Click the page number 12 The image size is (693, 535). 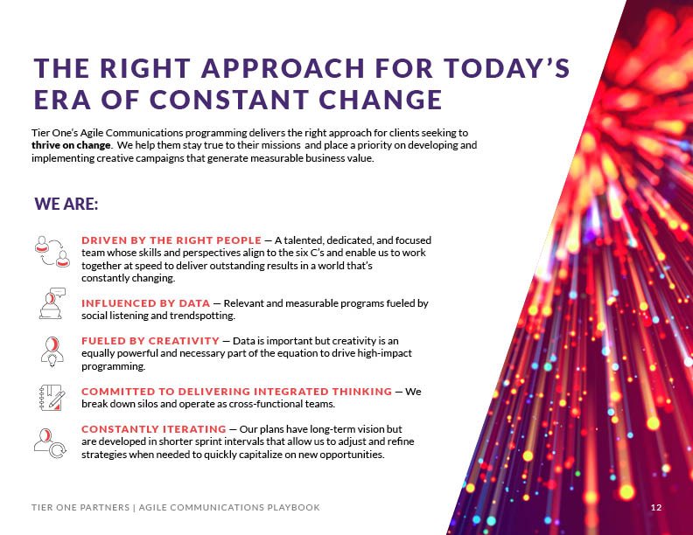click(x=655, y=508)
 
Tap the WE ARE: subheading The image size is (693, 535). click(x=66, y=204)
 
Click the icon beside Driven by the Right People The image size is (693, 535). click(x=52, y=250)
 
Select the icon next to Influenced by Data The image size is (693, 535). click(x=51, y=302)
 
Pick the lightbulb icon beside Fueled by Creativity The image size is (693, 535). click(x=51, y=349)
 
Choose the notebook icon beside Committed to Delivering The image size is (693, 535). click(x=52, y=397)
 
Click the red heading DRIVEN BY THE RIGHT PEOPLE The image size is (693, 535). click(x=171, y=240)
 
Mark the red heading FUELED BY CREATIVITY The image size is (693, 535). click(x=150, y=340)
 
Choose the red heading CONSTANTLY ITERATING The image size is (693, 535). click(x=153, y=429)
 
